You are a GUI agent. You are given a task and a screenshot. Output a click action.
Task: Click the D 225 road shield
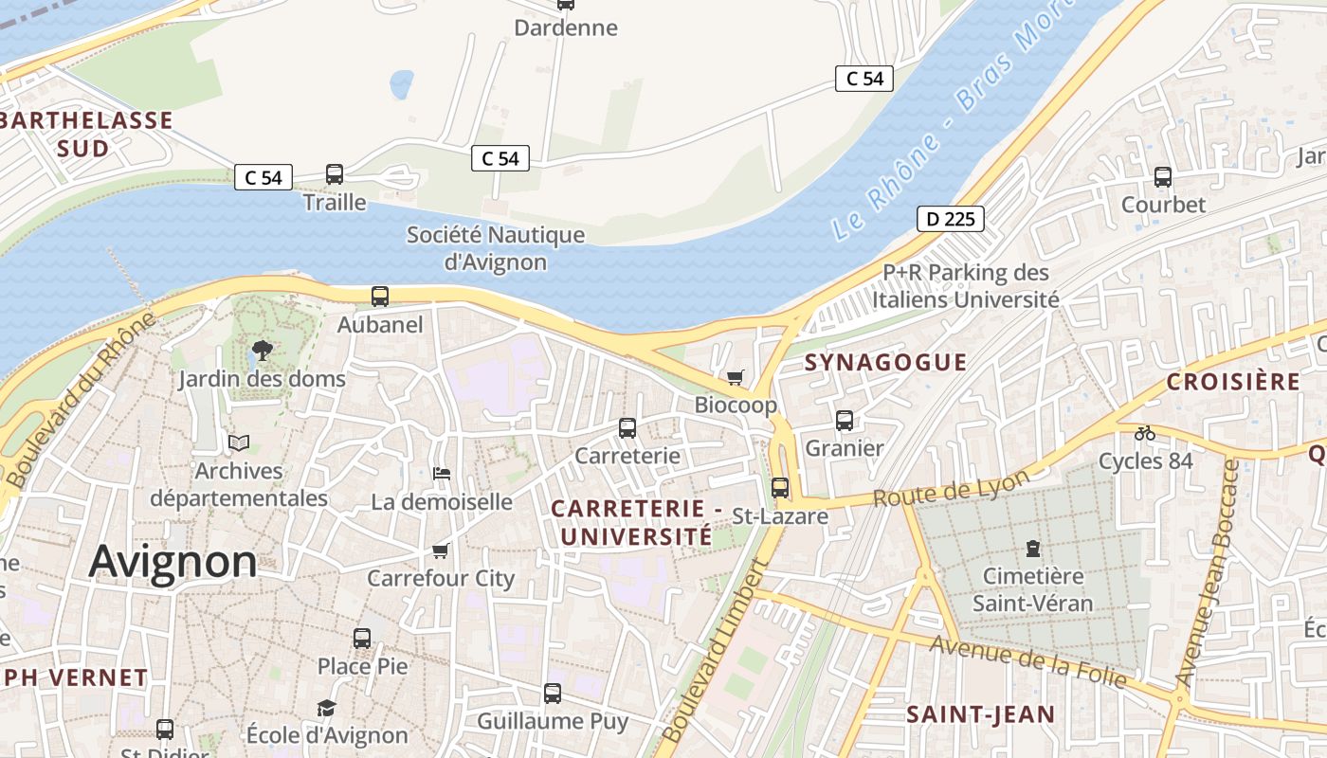[x=951, y=219]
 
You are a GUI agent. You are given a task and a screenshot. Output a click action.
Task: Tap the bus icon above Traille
[x=335, y=174]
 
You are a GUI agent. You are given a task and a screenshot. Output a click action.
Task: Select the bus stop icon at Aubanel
[x=380, y=297]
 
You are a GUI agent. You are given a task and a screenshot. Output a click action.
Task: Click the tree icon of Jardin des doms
[x=262, y=352]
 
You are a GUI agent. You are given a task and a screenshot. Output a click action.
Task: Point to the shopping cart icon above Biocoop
[x=736, y=378]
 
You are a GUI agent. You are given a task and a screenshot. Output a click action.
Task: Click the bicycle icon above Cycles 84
[x=1145, y=433]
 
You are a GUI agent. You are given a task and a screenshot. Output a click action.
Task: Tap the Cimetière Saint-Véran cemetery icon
[x=1032, y=548]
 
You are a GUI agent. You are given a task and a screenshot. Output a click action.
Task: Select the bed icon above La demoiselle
[x=441, y=474]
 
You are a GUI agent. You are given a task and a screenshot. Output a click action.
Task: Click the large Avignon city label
[x=173, y=562]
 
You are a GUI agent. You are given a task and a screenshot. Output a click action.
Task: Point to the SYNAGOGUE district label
[x=885, y=362]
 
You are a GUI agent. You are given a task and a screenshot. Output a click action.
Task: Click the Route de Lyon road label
[x=950, y=488]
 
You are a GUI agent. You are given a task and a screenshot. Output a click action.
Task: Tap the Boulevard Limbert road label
[x=713, y=652]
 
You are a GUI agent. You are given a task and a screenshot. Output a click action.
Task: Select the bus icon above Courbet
[x=1163, y=177]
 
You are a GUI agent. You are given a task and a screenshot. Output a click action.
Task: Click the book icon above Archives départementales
[x=239, y=442]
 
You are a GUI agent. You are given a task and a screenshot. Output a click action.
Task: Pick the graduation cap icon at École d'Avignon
[x=326, y=708]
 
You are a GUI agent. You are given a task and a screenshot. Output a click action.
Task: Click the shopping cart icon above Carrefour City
[x=440, y=550]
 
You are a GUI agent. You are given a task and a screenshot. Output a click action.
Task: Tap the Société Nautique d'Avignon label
[x=496, y=248]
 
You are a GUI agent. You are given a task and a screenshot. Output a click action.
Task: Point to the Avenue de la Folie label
[x=1027, y=662]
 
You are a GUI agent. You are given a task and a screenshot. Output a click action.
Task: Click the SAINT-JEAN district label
[x=980, y=714]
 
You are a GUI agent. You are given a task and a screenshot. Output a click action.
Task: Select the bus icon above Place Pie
[x=362, y=639]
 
